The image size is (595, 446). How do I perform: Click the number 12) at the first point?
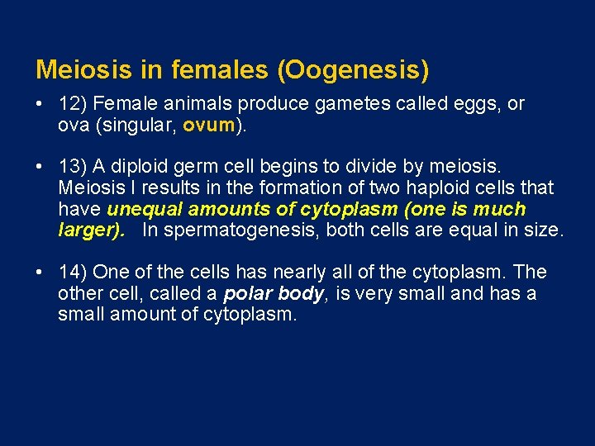point(74,105)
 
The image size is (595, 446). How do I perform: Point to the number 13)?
point(74,168)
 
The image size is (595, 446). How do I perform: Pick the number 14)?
point(74,273)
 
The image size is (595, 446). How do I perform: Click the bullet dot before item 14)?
point(40,273)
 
